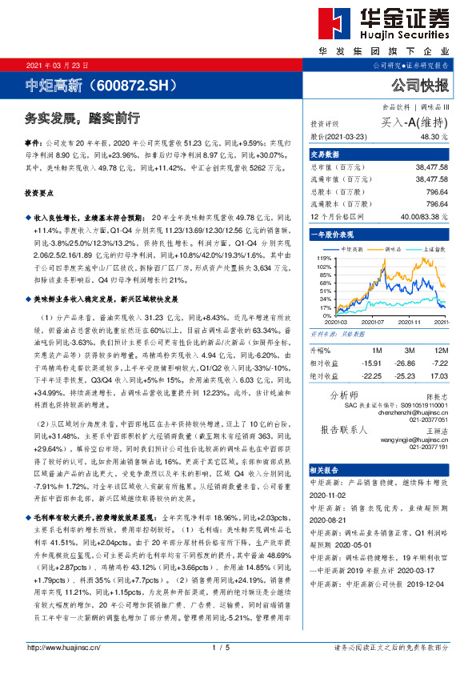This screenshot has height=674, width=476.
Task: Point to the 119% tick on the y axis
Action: tap(324, 259)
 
